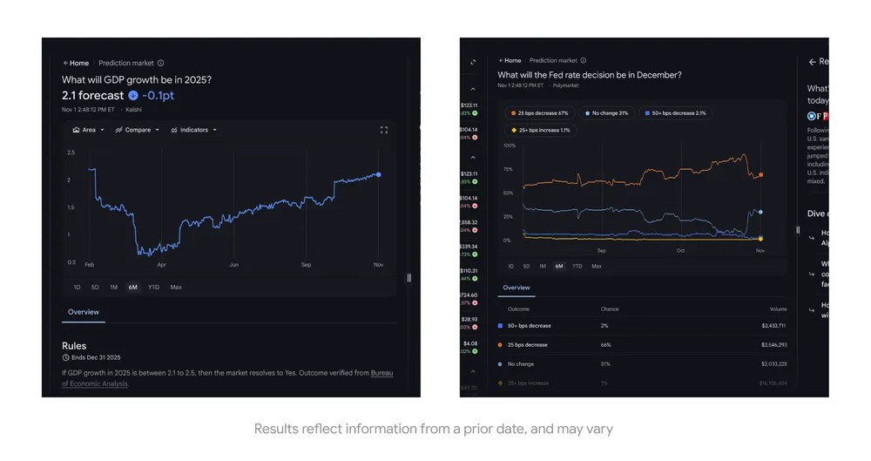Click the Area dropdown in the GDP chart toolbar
[89, 130]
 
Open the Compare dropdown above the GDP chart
[138, 130]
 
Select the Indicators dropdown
[193, 130]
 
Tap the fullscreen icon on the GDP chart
[383, 130]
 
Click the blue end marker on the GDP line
[378, 174]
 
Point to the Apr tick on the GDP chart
[161, 264]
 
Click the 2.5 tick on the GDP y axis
[71, 153]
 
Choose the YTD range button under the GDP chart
[153, 287]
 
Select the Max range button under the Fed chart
[596, 266]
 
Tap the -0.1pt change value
[158, 95]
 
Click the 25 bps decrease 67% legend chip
[540, 113]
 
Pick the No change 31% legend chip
[607, 113]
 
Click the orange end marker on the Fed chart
[760, 175]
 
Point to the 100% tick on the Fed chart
[510, 146]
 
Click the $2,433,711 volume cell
[773, 325]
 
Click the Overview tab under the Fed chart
[516, 288]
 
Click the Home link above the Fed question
[510, 61]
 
